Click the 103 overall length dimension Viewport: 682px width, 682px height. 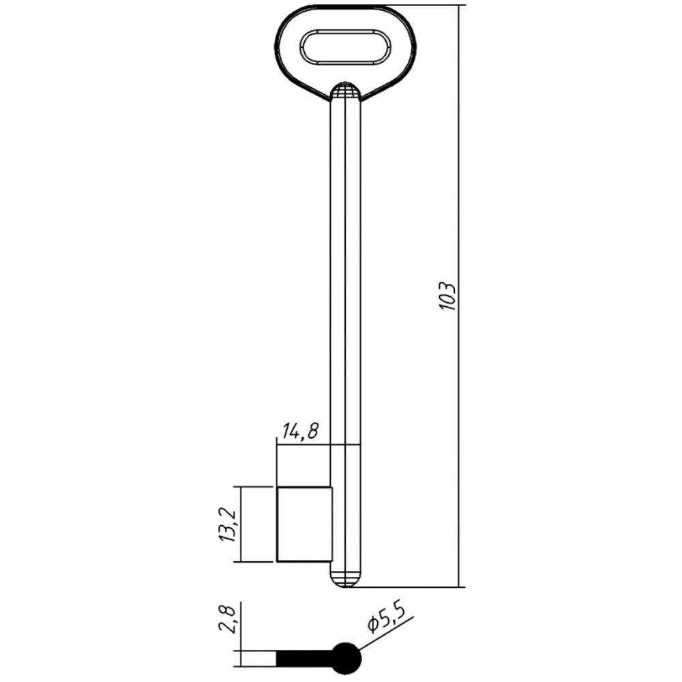pyautogui.click(x=447, y=296)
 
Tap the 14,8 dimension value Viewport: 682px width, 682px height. pyautogui.click(x=300, y=431)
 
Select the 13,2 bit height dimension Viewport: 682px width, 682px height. pyautogui.click(x=227, y=524)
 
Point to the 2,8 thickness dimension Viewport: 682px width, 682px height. pyautogui.click(x=228, y=620)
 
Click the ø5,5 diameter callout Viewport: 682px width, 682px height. pyautogui.click(x=386, y=619)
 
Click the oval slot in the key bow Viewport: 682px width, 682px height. pyautogui.click(x=345, y=48)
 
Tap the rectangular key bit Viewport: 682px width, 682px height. pyautogui.click(x=304, y=524)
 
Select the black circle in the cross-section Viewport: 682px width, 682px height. pyautogui.click(x=346, y=658)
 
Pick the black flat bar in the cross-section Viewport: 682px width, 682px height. pyautogui.click(x=304, y=658)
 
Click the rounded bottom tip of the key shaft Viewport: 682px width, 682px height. pyautogui.click(x=345, y=580)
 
